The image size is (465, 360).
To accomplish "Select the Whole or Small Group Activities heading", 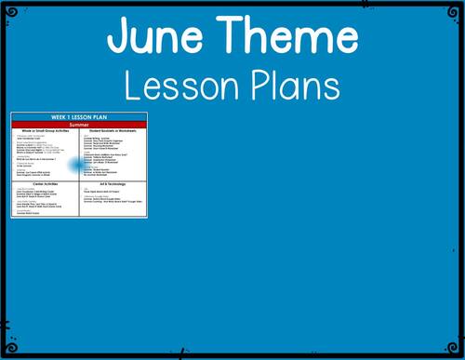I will pyautogui.click(x=46, y=131).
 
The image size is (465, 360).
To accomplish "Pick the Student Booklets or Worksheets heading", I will pyautogui.click(x=114, y=131).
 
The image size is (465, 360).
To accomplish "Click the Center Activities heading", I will pyautogui.click(x=46, y=184).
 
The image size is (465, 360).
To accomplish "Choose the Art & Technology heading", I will pyautogui.click(x=114, y=184).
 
